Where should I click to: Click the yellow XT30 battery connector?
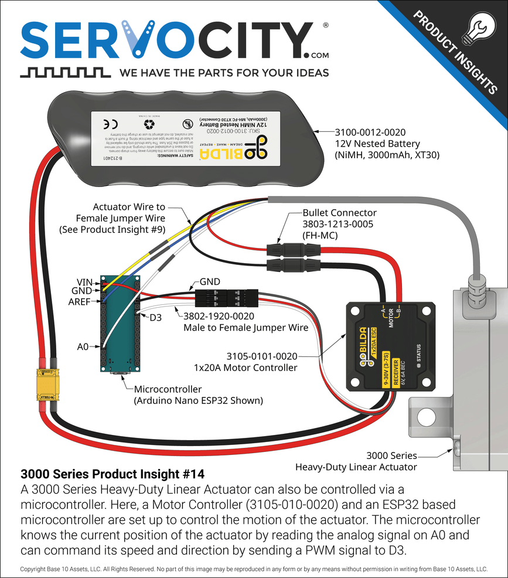tap(47, 386)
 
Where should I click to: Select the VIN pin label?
tap(86, 281)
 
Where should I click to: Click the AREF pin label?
tap(83, 302)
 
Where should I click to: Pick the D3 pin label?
tap(155, 317)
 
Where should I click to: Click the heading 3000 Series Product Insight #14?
tap(112, 473)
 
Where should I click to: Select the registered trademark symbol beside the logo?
tap(326, 26)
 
